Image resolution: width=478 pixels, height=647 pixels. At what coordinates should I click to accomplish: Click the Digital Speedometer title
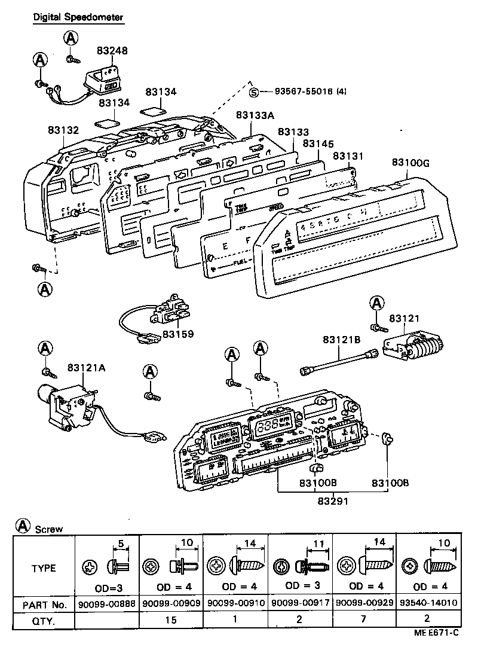coord(78,17)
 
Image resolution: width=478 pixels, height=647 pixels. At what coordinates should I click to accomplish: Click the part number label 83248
coord(112,52)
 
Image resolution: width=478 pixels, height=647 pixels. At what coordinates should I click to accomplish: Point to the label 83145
coord(318,144)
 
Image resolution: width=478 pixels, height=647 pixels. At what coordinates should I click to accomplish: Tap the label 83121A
coord(86,367)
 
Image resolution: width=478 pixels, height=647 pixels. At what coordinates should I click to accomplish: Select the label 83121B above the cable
coord(342,339)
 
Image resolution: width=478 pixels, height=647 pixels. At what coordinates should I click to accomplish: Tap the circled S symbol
coord(255,91)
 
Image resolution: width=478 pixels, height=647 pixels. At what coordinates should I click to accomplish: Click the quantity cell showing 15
coord(170,620)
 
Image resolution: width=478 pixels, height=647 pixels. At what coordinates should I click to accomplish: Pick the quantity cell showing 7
coord(364,620)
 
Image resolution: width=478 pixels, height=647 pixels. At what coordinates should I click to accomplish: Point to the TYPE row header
coord(44,568)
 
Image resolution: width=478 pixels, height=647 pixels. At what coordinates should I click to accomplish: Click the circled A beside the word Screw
coord(23,526)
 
